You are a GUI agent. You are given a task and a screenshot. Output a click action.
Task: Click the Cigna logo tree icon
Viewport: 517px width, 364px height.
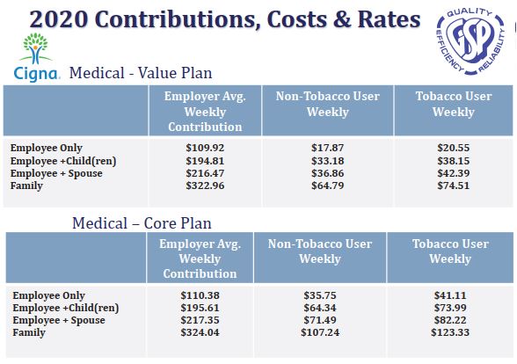[x=35, y=48]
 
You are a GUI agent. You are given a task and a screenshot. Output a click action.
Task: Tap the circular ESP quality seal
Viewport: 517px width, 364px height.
[x=470, y=40]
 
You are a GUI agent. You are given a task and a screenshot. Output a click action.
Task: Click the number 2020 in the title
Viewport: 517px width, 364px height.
[x=59, y=19]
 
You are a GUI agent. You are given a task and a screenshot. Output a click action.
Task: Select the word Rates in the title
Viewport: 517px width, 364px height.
[x=389, y=19]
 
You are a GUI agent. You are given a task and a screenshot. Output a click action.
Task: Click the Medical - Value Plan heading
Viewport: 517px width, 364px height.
[x=141, y=73]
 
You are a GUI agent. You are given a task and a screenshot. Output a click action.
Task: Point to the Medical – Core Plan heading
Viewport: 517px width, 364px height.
[x=142, y=223]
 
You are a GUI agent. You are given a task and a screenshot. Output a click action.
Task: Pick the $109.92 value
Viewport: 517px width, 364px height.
[x=205, y=148]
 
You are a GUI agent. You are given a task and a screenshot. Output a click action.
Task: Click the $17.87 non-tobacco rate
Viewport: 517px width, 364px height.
[x=327, y=148]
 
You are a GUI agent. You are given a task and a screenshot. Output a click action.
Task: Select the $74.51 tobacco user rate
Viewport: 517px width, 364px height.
[x=454, y=186]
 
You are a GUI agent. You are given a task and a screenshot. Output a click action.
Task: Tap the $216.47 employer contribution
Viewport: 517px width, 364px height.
[x=205, y=173]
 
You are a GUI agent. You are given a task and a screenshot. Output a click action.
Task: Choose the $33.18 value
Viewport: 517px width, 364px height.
[x=327, y=161]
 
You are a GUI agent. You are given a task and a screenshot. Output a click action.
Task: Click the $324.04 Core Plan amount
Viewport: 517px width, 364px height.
[x=200, y=332]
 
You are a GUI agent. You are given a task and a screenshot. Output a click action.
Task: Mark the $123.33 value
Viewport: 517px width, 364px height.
[x=450, y=332]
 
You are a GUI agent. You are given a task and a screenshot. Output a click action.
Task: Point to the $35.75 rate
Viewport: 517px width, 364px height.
[x=320, y=295]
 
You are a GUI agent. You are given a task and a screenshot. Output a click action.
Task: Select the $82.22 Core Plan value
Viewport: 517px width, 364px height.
[x=450, y=320]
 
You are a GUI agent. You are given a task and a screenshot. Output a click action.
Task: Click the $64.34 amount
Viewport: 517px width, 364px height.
[x=320, y=308]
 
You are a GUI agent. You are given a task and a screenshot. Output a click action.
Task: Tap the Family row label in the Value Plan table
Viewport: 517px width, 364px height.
[x=26, y=186]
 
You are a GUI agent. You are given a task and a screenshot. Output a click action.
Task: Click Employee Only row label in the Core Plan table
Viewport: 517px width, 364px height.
[x=49, y=295]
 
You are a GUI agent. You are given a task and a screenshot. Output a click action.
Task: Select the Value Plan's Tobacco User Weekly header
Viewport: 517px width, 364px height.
[x=454, y=104]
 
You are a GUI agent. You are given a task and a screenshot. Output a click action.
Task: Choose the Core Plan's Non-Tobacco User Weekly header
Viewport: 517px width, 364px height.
[x=320, y=251]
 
